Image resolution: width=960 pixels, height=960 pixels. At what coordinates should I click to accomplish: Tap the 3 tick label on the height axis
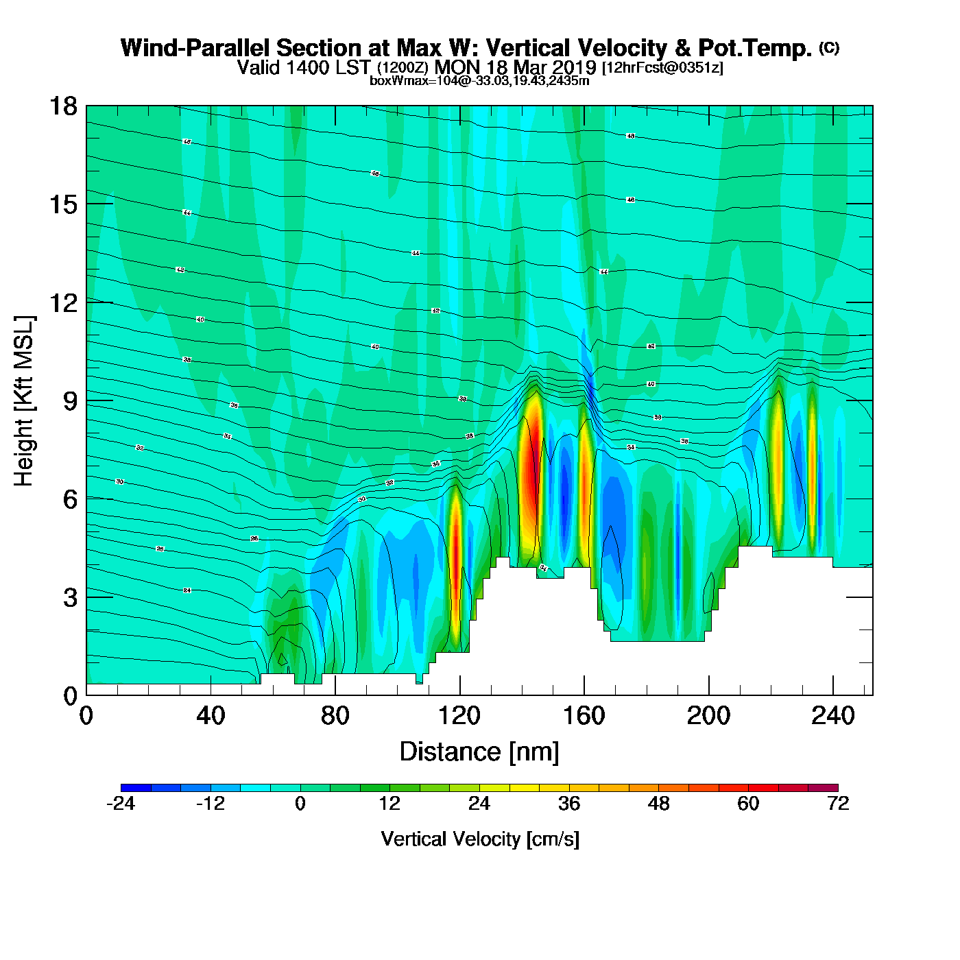[x=70, y=597]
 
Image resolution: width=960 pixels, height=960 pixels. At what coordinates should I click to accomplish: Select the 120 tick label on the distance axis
[x=459, y=716]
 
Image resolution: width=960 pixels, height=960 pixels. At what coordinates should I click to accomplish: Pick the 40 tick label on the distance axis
[x=211, y=716]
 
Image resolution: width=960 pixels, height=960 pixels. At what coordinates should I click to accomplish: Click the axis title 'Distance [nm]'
[x=479, y=752]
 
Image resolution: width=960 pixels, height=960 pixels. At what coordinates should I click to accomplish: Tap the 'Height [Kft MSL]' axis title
[x=24, y=401]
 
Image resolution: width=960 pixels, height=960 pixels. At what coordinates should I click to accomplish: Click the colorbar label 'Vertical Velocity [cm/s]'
[x=480, y=839]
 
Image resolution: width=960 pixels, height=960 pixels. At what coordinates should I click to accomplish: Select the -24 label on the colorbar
[x=121, y=804]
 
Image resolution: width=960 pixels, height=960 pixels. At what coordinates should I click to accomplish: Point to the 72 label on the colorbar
[x=838, y=804]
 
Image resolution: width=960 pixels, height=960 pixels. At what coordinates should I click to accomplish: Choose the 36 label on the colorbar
[x=569, y=804]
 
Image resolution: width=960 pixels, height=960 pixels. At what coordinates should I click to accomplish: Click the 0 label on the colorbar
[x=300, y=804]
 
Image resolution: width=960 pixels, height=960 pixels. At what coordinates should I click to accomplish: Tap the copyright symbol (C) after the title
[x=829, y=47]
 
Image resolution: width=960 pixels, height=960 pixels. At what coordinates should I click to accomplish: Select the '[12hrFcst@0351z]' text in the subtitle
[x=662, y=68]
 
